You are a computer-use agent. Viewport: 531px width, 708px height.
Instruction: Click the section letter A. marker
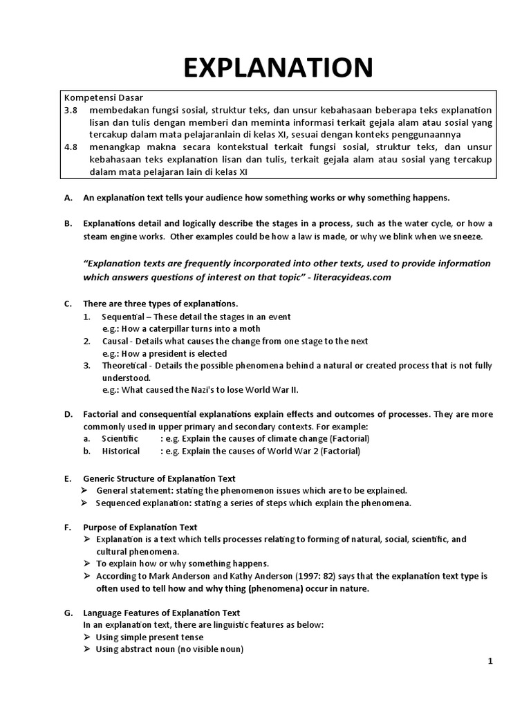[x=68, y=198]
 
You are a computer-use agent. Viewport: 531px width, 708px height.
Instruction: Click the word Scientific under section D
[x=120, y=438]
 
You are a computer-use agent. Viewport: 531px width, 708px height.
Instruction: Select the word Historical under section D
[x=120, y=451]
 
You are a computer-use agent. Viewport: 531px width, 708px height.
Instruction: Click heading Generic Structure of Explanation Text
[x=159, y=478]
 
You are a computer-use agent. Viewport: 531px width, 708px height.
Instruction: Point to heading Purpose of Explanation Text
[x=140, y=527]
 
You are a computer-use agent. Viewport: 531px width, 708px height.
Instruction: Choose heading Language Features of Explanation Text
[x=161, y=613]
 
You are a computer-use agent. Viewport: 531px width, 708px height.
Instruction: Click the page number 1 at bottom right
[x=490, y=662]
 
